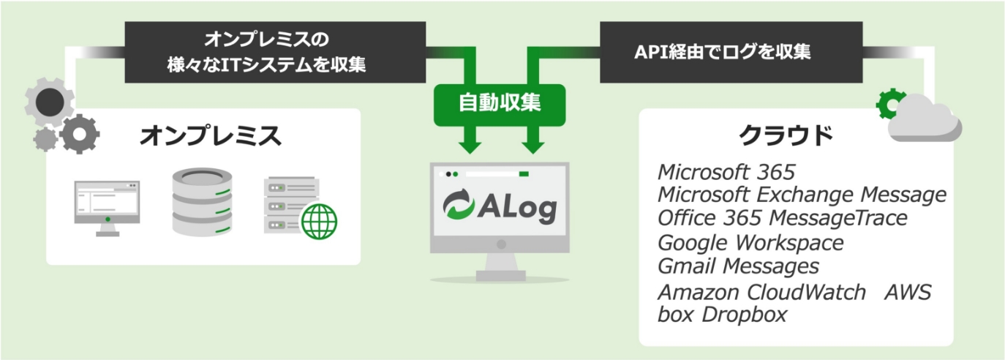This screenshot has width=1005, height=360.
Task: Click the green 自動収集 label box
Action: tap(500, 105)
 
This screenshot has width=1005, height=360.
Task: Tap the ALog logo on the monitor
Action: tap(500, 206)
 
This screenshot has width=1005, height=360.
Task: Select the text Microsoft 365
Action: tap(726, 172)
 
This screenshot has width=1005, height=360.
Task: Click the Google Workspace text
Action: tap(750, 243)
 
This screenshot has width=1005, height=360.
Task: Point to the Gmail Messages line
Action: tap(739, 266)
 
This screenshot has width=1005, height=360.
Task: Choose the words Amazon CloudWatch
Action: tap(762, 292)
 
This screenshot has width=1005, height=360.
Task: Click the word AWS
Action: tap(908, 292)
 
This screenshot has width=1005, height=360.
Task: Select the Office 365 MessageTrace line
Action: tap(783, 218)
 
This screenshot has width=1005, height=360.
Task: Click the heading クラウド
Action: tap(786, 135)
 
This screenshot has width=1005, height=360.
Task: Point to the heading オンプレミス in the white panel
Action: tap(211, 135)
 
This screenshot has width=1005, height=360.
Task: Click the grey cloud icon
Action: tap(925, 119)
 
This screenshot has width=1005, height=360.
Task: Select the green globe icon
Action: tap(319, 221)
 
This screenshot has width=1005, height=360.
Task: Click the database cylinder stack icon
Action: tap(203, 202)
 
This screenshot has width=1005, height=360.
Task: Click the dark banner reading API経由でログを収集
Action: tap(731, 52)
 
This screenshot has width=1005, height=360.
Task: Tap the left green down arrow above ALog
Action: tap(470, 140)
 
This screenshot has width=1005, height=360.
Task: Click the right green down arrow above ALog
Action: tap(533, 140)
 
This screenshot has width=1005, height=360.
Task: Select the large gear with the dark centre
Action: tap(49, 102)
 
